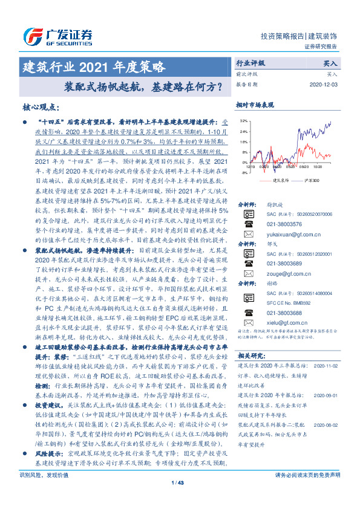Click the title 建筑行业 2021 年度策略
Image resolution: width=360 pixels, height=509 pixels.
point(93,66)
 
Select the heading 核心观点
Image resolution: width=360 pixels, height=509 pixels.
point(41,107)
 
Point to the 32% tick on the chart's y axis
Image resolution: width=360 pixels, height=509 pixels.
point(243,122)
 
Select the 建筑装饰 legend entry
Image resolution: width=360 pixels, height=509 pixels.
point(276,180)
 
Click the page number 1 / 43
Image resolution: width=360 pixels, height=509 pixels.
point(180,499)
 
